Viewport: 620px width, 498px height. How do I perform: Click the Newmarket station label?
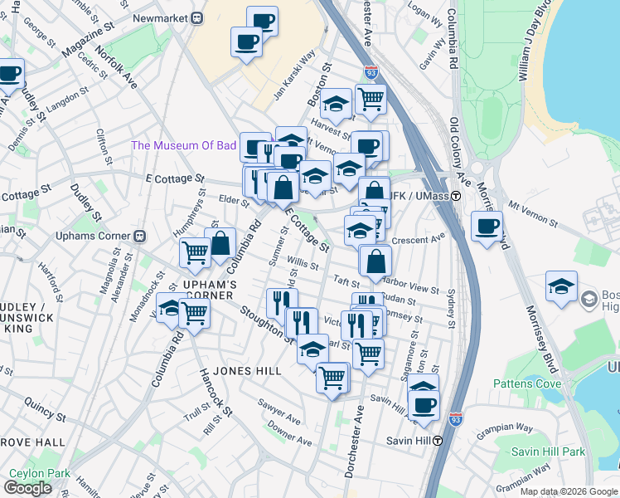pyautogui.click(x=163, y=17)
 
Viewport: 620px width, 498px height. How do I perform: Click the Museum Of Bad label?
pyautogui.click(x=184, y=145)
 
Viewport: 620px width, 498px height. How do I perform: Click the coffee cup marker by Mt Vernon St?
pyautogui.click(x=487, y=227)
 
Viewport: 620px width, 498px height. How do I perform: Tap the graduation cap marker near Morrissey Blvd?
pyautogui.click(x=562, y=288)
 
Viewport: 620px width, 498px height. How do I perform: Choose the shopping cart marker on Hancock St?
pyautogui.click(x=193, y=315)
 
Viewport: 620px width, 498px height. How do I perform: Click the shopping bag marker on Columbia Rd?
pyautogui.click(x=220, y=245)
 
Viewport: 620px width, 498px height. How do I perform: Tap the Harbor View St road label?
pyautogui.click(x=414, y=288)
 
